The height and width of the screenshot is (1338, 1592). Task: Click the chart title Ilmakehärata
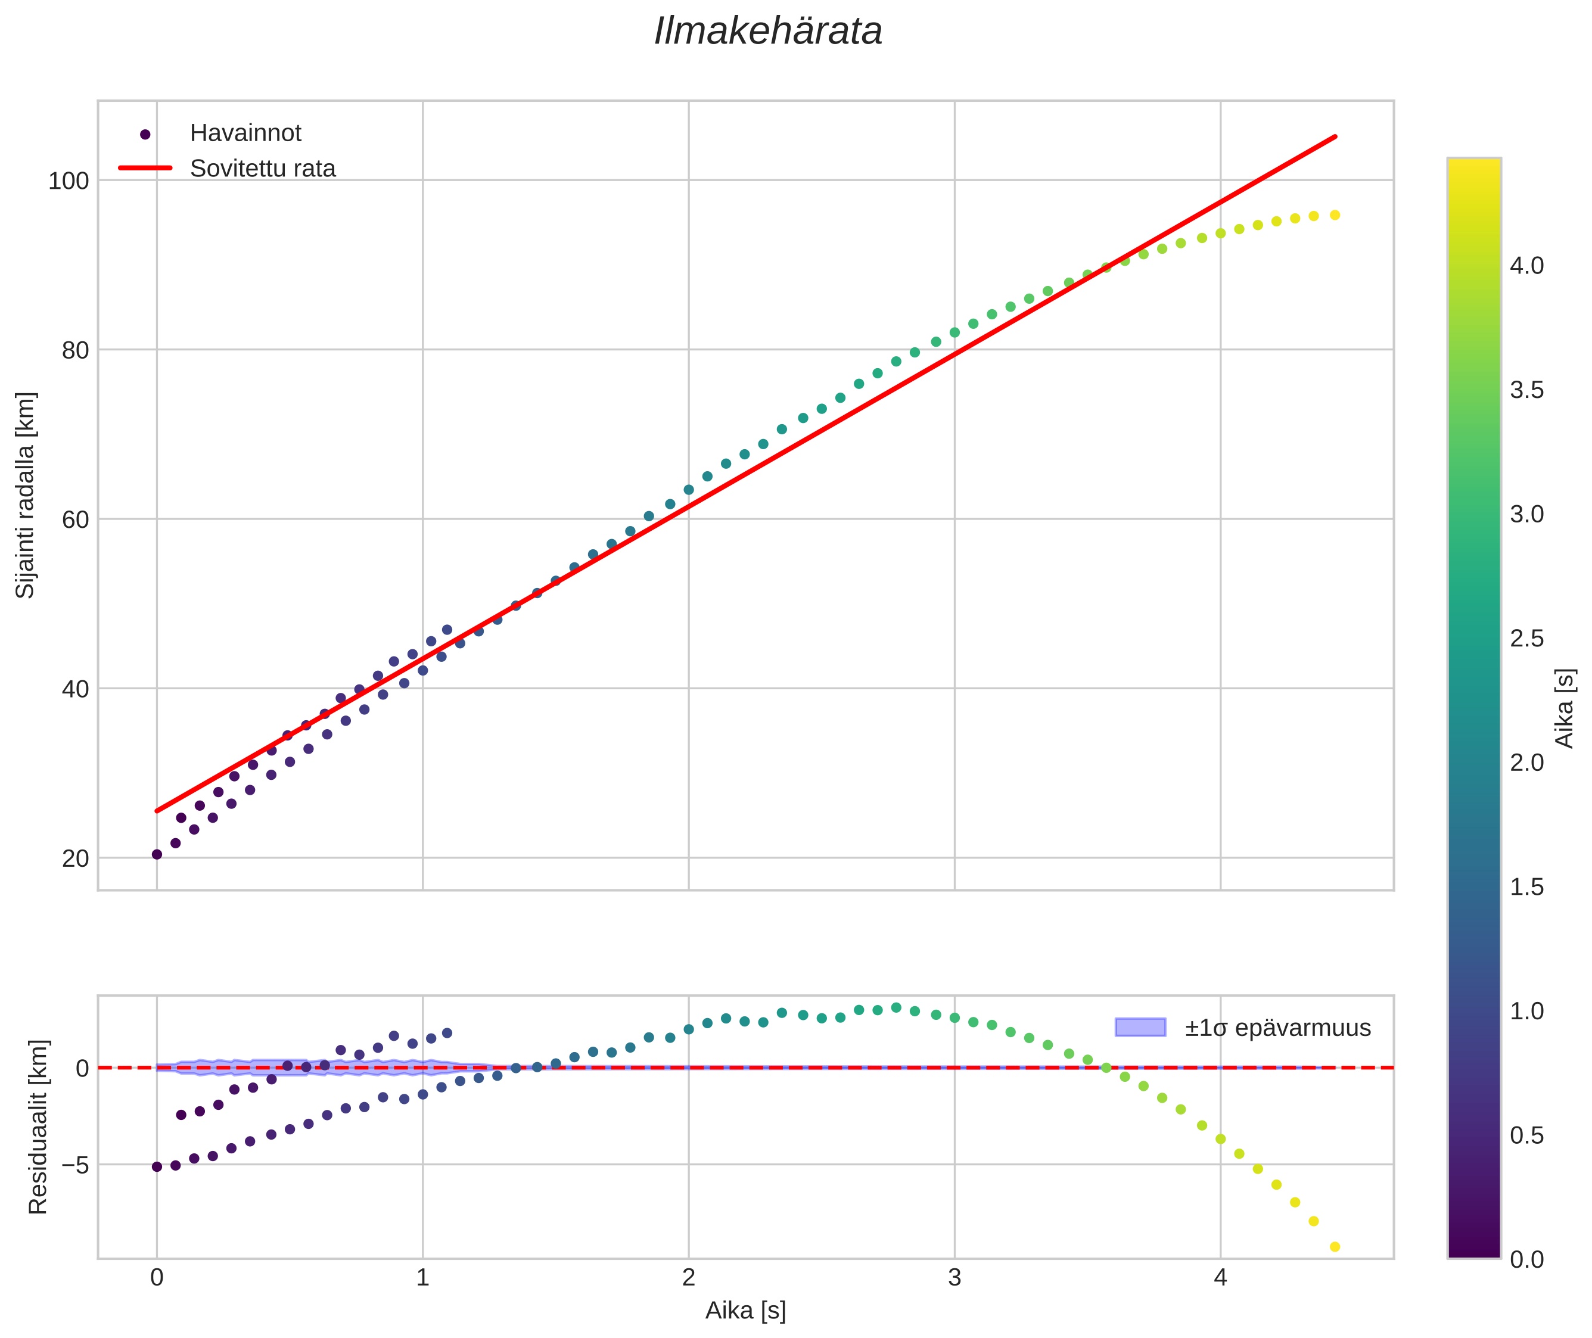tap(767, 32)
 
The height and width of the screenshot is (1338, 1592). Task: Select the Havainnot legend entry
tap(245, 133)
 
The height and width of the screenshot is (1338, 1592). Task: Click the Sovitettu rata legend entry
tap(262, 169)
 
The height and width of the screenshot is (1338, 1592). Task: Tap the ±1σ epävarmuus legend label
tap(1277, 1028)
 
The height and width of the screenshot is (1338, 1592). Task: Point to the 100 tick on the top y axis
tap(69, 181)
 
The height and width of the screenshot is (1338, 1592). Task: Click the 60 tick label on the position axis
tap(75, 520)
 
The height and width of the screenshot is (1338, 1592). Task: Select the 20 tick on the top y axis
tap(75, 858)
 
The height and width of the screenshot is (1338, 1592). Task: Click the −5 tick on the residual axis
tap(75, 1165)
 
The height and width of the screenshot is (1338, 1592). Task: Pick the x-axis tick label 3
tap(954, 1278)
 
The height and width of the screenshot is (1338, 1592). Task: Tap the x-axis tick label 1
tap(422, 1278)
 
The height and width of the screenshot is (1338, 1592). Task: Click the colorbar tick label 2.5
tap(1526, 639)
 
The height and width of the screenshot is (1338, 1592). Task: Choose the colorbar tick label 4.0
tap(1526, 266)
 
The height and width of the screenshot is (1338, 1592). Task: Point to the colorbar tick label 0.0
tap(1526, 1260)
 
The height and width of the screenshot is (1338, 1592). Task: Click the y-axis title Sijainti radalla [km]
tap(26, 495)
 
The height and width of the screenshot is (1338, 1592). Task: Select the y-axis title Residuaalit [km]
tap(38, 1127)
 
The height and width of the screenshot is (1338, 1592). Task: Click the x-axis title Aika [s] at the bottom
tap(745, 1311)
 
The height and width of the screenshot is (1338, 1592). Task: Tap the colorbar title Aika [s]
tap(1564, 708)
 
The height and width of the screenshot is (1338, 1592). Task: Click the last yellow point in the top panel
tap(1335, 216)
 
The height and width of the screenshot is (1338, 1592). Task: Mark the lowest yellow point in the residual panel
tap(1335, 1247)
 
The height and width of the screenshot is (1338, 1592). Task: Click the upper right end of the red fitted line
tap(1335, 137)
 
